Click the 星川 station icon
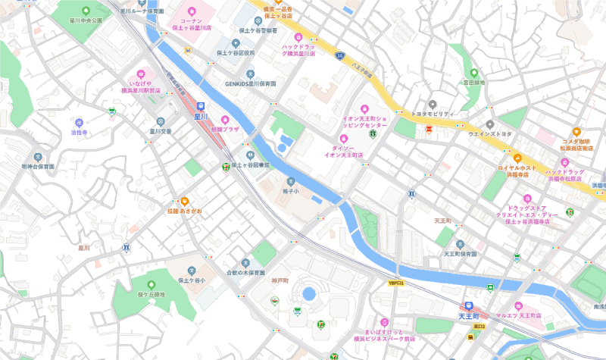pyautogui.click(x=200, y=107)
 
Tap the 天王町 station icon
pyautogui.click(x=469, y=305)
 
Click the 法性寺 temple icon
pyautogui.click(x=80, y=122)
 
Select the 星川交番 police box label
pyautogui.click(x=160, y=131)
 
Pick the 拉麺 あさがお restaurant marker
pyautogui.click(x=184, y=201)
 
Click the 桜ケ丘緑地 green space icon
pyautogui.click(x=141, y=283)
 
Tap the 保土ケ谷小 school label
pyautogui.click(x=192, y=280)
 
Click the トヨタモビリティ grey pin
pyautogui.click(x=432, y=104)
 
